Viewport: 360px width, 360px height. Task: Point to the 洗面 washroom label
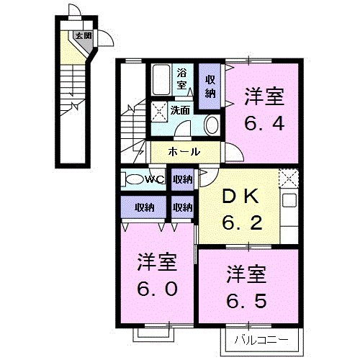(x=180, y=110)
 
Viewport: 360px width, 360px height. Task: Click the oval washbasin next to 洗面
(x=212, y=125)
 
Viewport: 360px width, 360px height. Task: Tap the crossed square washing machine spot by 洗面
(x=158, y=111)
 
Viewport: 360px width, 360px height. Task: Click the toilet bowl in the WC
(x=132, y=179)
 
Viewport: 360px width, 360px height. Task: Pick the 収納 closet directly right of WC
(x=183, y=179)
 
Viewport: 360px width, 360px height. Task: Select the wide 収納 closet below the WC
(x=144, y=207)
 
